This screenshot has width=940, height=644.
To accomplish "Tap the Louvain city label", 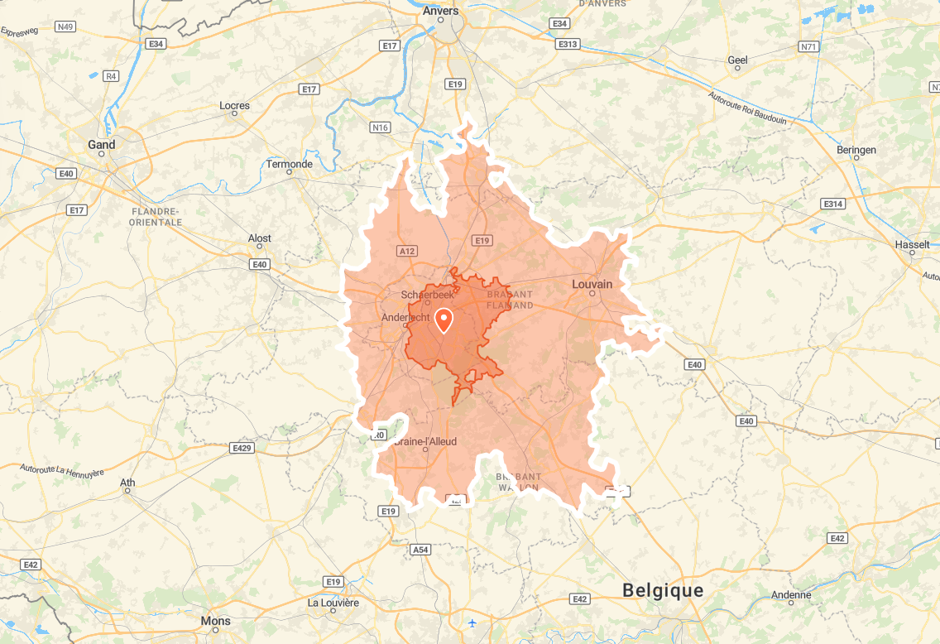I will click(x=592, y=284).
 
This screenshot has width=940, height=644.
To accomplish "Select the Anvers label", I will click(x=440, y=11).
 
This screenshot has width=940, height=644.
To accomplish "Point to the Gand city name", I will click(x=102, y=144).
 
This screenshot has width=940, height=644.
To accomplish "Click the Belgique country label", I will click(x=663, y=590).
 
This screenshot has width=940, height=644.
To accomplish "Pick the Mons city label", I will click(x=216, y=620).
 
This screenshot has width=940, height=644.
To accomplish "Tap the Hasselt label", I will click(x=912, y=244).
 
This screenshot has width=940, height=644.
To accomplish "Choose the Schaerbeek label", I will click(x=427, y=295).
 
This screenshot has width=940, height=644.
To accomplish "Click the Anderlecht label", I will click(x=405, y=318).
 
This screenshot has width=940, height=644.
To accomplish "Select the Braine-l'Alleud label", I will click(x=425, y=441).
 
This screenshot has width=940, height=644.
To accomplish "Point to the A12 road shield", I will click(x=406, y=251).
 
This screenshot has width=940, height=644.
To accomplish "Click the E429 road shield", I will click(x=242, y=448).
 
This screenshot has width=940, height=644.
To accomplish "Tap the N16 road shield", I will click(x=380, y=127).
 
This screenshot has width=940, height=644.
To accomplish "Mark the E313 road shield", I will click(x=568, y=44).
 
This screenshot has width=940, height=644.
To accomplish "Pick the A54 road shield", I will click(x=421, y=549).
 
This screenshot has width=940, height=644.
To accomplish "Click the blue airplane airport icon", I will click(x=472, y=622).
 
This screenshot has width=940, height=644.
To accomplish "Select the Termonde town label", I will click(x=290, y=164).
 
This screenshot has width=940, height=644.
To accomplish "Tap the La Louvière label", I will click(x=333, y=603).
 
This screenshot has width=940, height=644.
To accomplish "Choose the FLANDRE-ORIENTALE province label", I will click(x=156, y=217).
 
